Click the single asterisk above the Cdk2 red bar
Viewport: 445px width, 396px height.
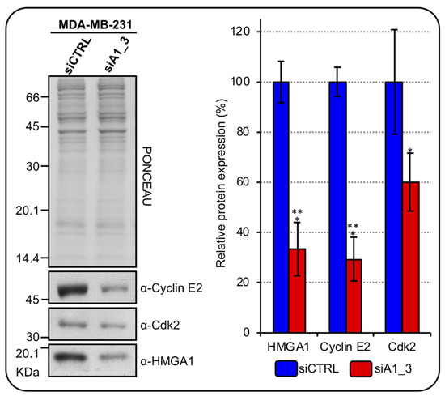[411, 151]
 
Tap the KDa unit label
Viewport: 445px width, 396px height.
[30, 371]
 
